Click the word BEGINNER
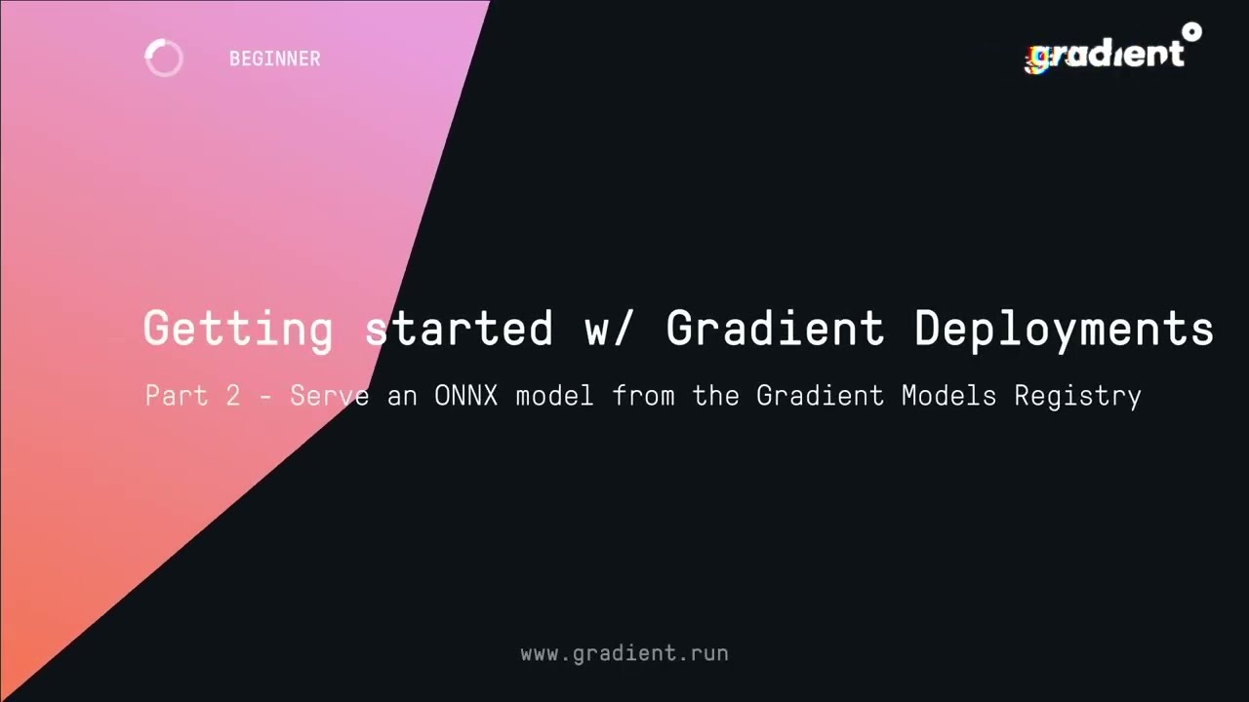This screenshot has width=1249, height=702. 274,58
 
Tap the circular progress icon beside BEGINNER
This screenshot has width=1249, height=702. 164,58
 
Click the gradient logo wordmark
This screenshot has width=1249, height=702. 1108,55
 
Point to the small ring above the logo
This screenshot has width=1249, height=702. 1190,32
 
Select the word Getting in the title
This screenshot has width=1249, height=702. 238,328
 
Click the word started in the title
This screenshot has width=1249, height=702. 459,328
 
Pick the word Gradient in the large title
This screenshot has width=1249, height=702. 775,328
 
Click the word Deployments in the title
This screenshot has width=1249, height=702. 1064,328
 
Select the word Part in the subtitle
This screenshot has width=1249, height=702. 176,396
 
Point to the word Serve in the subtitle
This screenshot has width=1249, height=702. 329,396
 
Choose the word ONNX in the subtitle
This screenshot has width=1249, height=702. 464,396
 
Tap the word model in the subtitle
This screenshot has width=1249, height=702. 554,396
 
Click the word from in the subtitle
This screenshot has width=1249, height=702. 644,396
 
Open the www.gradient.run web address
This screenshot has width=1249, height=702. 624,653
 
